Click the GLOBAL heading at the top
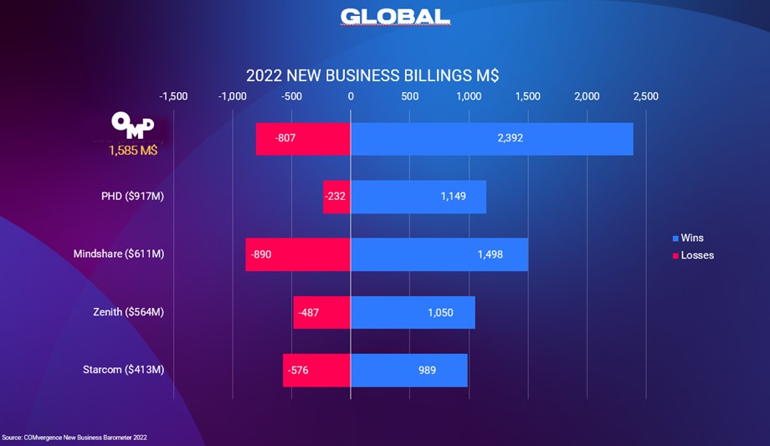pos(395,17)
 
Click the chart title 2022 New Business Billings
pos(372,75)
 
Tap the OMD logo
pos(133,126)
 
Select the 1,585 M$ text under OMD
pos(133,151)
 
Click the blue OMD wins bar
pos(491,138)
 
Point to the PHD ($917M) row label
pos(132,197)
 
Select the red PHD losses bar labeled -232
pos(336,197)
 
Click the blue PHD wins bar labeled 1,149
pos(418,197)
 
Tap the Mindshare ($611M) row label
pos(119,254)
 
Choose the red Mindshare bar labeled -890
pos(298,254)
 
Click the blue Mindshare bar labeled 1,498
pos(439,254)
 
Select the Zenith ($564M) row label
pos(128,312)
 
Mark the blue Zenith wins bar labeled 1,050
pos(413,312)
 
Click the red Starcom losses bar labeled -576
pos(316,370)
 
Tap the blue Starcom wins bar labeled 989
pos(408,370)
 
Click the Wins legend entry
pos(687,238)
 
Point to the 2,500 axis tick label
pos(645,96)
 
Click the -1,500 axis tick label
pos(173,96)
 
